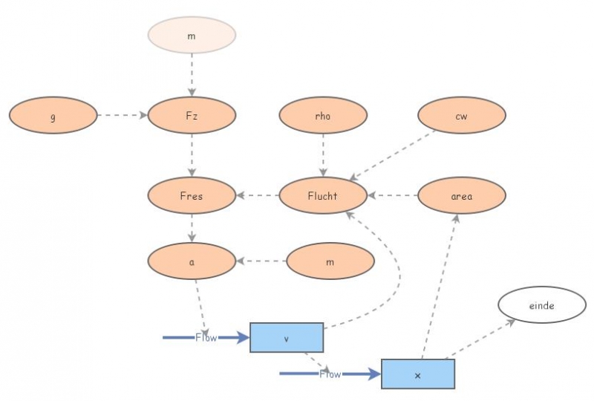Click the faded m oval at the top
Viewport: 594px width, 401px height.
tap(192, 35)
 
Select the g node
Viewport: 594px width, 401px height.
tap(53, 116)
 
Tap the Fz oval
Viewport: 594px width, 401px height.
tap(192, 116)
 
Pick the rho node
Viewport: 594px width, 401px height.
tap(323, 116)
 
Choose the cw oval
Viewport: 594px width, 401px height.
tap(462, 116)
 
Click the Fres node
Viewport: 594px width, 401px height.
tap(192, 196)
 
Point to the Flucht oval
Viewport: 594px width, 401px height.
tap(323, 196)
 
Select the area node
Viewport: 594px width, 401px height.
tap(462, 196)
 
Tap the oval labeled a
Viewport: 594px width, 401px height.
tap(192, 261)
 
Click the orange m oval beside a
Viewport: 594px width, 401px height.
tap(330, 261)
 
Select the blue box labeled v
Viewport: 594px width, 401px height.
tap(287, 338)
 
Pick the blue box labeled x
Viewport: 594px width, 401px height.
tap(417, 374)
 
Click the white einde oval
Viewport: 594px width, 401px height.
tap(542, 305)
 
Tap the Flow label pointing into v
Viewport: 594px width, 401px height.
tap(206, 338)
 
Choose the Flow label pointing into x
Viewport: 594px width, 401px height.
tap(330, 374)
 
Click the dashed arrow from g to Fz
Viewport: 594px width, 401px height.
tap(123, 116)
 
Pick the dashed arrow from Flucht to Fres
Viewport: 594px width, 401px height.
tap(258, 196)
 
